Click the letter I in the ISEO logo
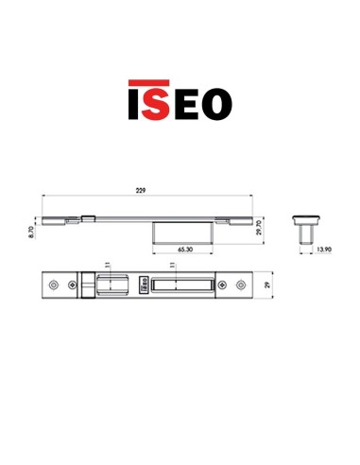point(133,101)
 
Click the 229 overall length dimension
point(142,191)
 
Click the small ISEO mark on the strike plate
point(142,284)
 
